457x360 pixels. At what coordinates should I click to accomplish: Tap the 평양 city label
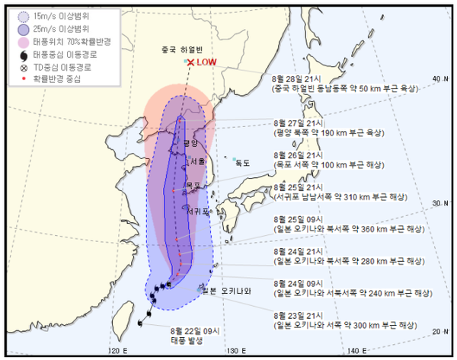click(190, 143)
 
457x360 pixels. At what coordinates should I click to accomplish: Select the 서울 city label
click(197, 162)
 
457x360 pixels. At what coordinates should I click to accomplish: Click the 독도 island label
click(242, 162)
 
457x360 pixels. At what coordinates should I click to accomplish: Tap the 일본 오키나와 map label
click(226, 290)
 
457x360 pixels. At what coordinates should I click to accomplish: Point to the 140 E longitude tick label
click(354, 351)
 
